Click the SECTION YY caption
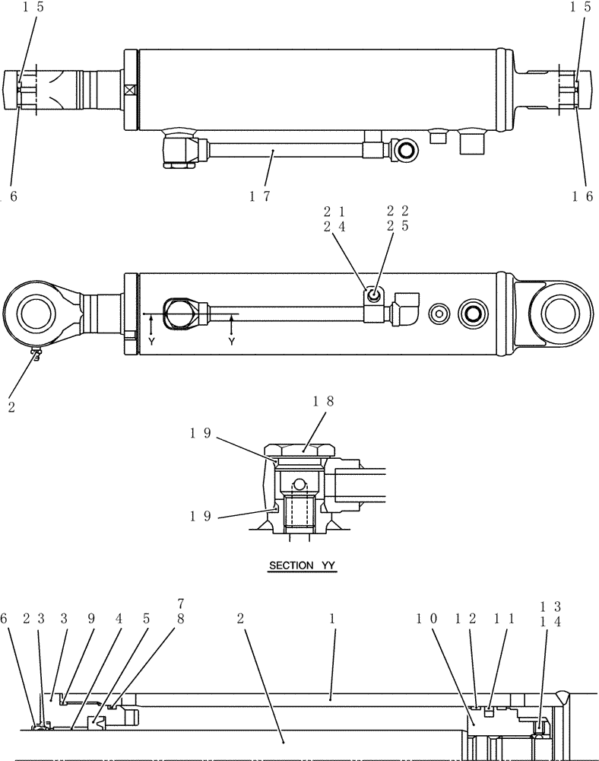[x=304, y=566]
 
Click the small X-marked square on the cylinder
[x=129, y=89]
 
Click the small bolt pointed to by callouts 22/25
[x=373, y=296]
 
